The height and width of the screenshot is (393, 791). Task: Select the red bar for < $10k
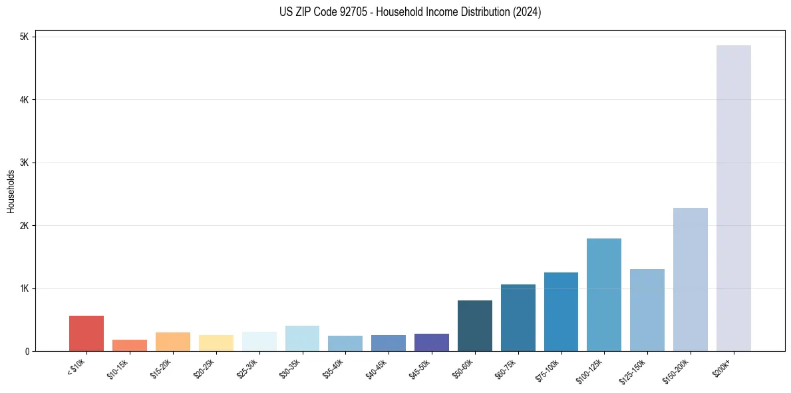[86, 333]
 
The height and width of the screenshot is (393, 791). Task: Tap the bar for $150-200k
[690, 279]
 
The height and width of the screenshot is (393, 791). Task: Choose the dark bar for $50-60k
[475, 326]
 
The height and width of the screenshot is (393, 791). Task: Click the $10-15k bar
[130, 345]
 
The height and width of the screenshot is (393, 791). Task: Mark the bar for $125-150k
[647, 310]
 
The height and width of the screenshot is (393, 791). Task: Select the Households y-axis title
[11, 191]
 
